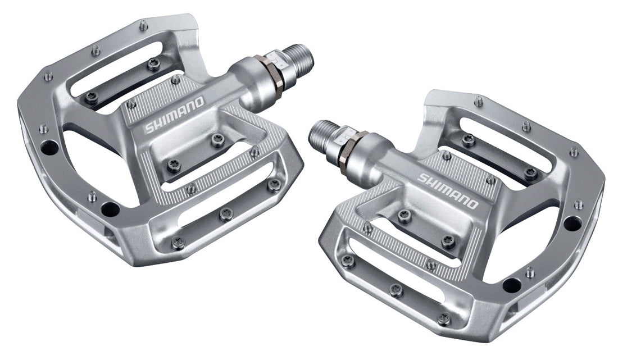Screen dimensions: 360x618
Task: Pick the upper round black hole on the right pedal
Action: click(571, 223)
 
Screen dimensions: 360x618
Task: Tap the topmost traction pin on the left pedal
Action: click(144, 25)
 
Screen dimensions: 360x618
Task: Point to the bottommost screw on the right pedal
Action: click(443, 318)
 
